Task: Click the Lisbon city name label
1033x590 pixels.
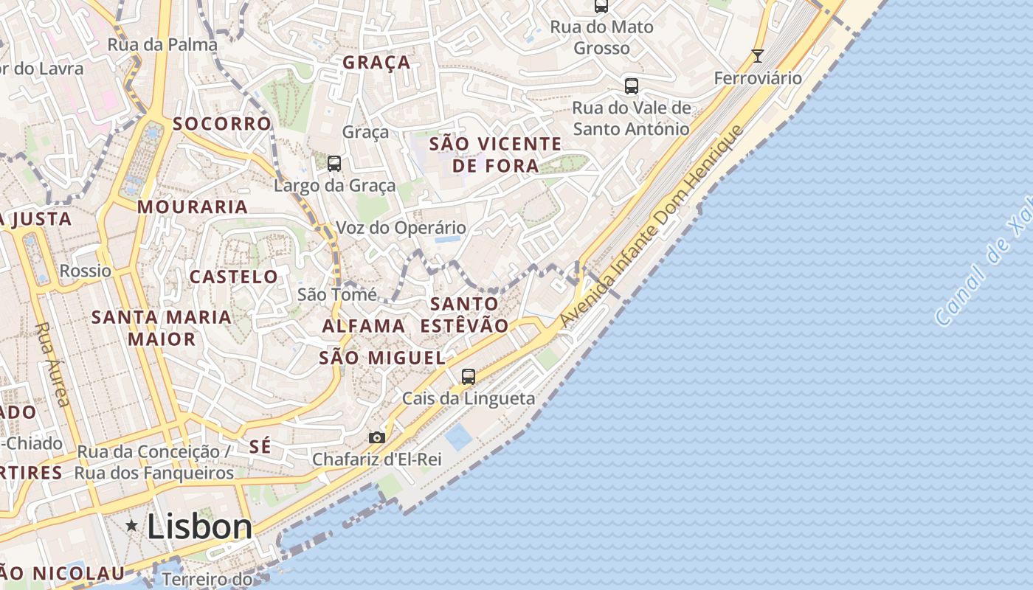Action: point(199,527)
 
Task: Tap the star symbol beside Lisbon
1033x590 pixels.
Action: point(132,526)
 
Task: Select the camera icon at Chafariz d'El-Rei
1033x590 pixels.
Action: point(377,437)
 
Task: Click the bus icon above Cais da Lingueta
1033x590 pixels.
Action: point(469,376)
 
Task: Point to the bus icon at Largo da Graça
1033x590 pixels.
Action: point(334,164)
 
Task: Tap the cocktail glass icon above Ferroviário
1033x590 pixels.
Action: point(757,55)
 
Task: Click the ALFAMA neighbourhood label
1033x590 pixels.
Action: point(364,325)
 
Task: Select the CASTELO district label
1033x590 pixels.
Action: point(234,277)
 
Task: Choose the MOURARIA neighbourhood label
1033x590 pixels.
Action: point(193,206)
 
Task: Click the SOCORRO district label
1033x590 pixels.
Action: point(222,123)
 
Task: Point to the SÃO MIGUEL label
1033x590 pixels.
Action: point(382,358)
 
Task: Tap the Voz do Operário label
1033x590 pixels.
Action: point(401,227)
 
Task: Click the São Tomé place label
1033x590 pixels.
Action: point(337,294)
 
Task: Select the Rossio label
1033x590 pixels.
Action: point(86,271)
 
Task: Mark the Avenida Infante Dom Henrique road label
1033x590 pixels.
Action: point(650,226)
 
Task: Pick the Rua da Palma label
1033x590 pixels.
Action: point(162,44)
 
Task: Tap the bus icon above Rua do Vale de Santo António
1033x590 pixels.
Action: point(632,86)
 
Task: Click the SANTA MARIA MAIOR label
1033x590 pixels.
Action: point(162,328)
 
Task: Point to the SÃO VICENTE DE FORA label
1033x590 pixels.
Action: point(495,154)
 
